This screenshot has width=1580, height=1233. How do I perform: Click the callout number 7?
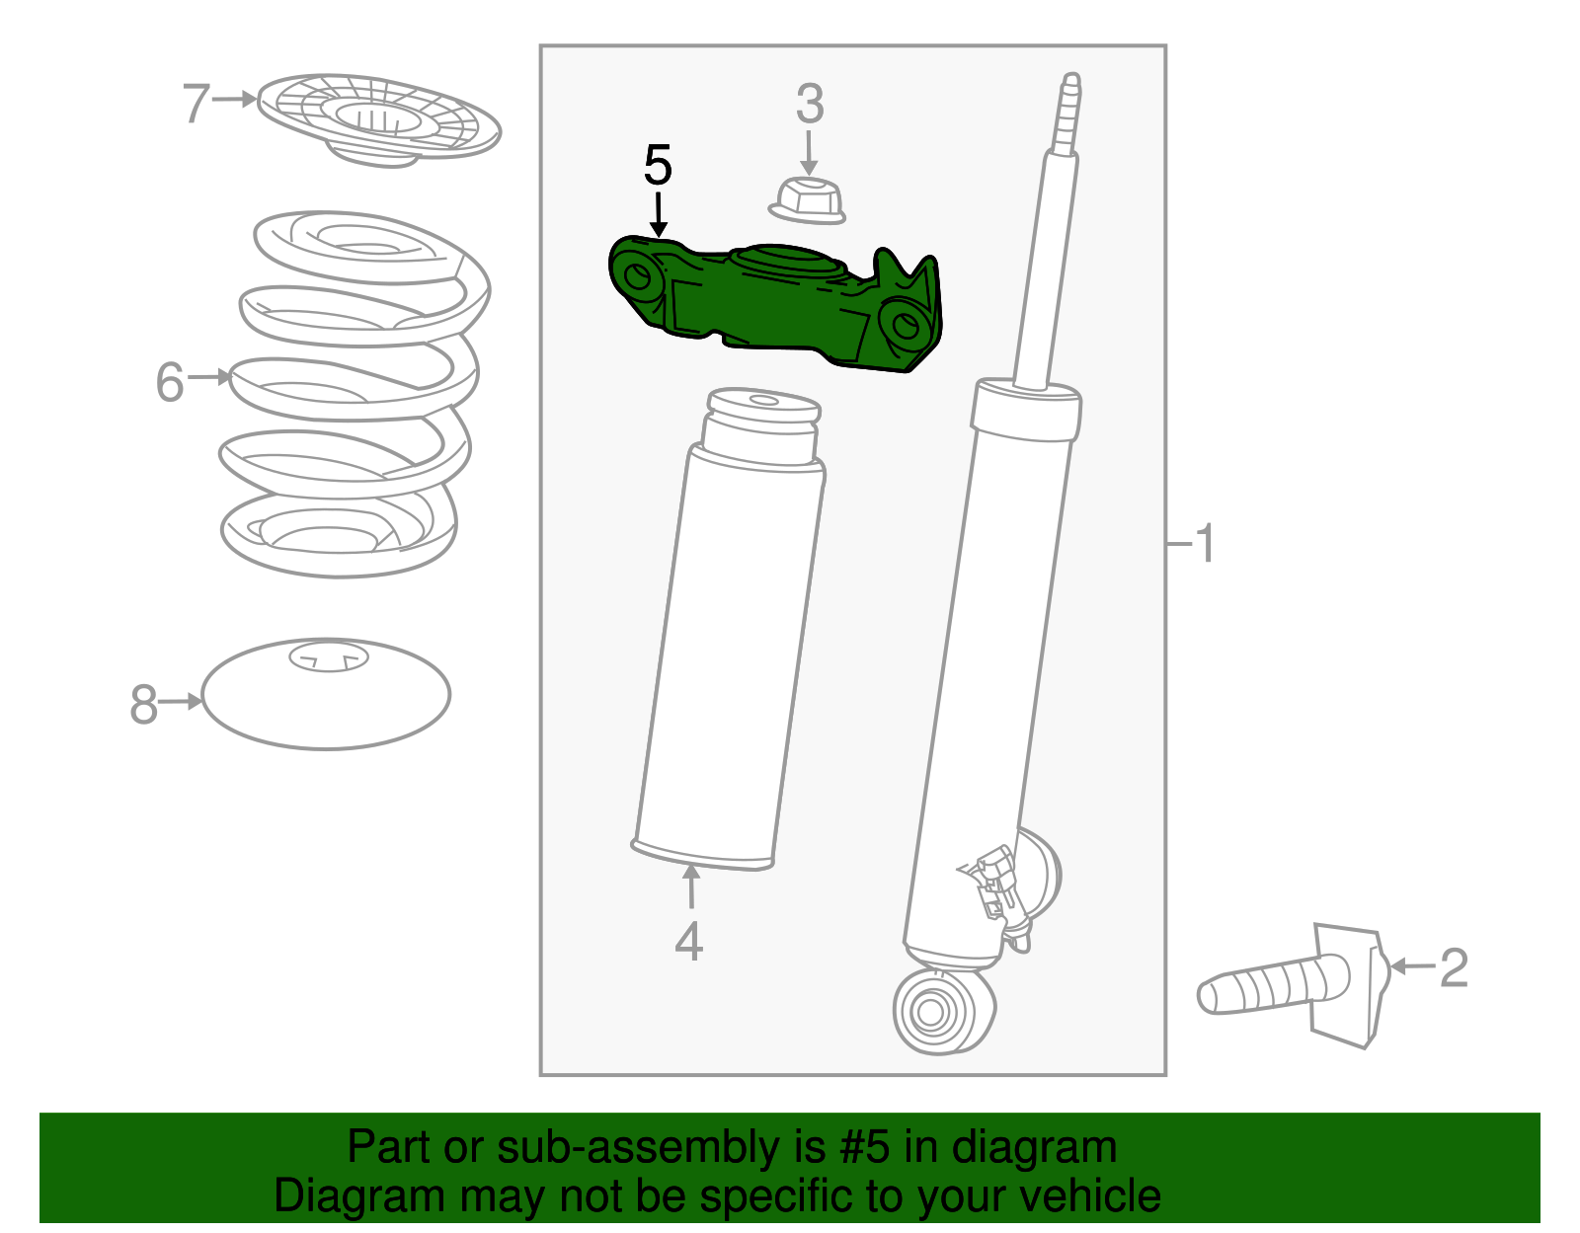point(196,103)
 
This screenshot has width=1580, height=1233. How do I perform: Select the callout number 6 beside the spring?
point(170,381)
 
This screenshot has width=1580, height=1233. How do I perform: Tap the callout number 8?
point(143,703)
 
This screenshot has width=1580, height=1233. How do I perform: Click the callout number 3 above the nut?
point(810,104)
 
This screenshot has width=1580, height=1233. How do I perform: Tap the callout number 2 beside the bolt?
point(1455,967)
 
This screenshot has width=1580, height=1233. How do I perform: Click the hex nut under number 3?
point(807,200)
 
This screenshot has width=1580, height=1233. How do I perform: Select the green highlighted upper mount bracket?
point(774,305)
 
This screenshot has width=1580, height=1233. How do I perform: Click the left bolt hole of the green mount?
point(638,276)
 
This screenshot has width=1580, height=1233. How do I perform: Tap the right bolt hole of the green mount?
point(906,326)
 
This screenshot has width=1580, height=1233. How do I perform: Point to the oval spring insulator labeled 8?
point(326,694)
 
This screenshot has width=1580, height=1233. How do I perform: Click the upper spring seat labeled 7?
point(379,120)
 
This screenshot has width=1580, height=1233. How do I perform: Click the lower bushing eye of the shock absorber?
point(943,1010)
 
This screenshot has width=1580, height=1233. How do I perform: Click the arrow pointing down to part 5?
point(658,214)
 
